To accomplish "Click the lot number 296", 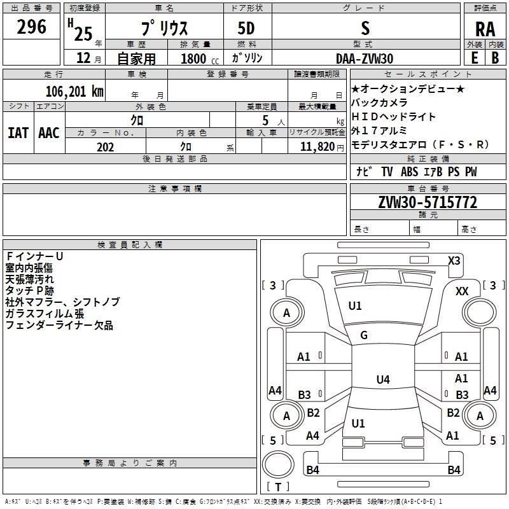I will (x=32, y=27).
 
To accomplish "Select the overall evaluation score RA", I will (x=485, y=29).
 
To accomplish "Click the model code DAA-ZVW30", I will (x=365, y=59).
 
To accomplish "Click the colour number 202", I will (x=105, y=146).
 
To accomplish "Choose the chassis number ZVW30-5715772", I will (x=427, y=202).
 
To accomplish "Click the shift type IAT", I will (x=18, y=133).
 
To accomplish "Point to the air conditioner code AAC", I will (x=48, y=133).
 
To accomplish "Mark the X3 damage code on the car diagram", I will (x=454, y=260).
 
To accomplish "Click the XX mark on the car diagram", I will (x=462, y=291).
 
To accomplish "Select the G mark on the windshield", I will (x=363, y=335).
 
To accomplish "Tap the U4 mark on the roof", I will (x=382, y=380).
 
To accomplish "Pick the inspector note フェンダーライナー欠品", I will (x=59, y=326).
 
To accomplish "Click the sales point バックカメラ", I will (x=379, y=102).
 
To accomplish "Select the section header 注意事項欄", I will (x=174, y=189).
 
